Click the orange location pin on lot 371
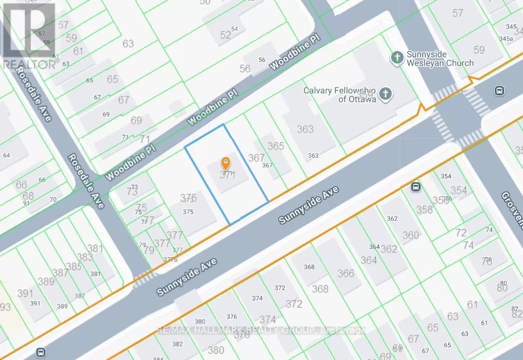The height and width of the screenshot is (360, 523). click(226, 163)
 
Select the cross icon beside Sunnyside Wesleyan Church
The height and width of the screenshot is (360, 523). click(397, 58)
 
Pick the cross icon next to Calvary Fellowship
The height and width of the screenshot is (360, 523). click(385, 94)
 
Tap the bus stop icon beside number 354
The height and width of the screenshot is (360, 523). click(415, 187)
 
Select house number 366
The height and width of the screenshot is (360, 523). click(346, 273)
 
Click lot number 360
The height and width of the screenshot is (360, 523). click(411, 235)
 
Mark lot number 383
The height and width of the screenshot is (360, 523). click(85, 257)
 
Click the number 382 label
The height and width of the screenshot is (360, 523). click(177, 344)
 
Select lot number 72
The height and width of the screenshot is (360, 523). click(461, 233)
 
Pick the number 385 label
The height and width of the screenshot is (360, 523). click(74, 267)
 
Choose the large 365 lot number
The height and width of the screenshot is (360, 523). click(276, 146)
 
